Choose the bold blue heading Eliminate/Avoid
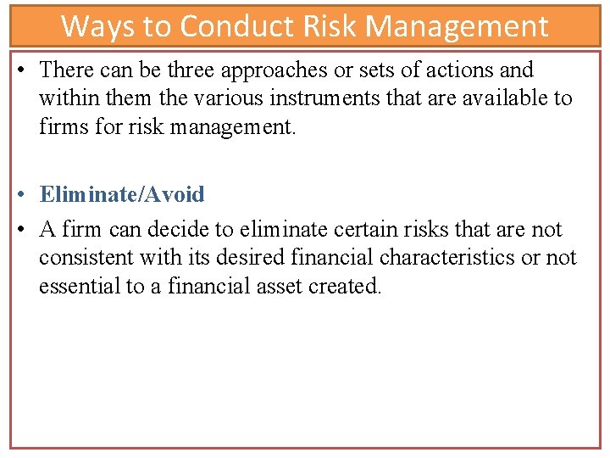pyautogui.click(x=122, y=194)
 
